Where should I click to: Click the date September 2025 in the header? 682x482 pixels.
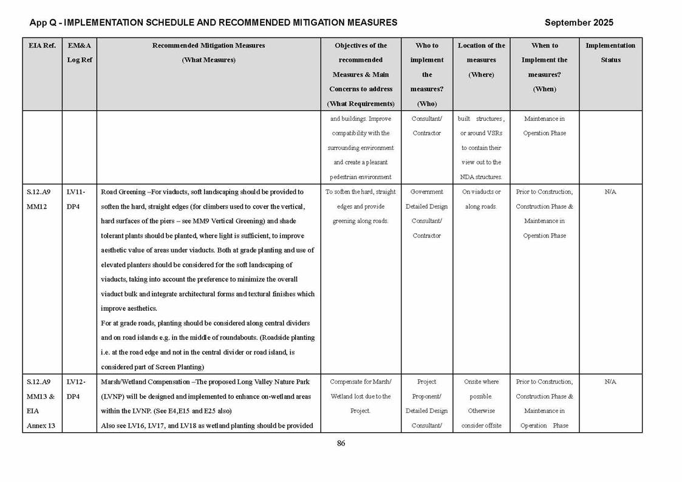click(x=578, y=22)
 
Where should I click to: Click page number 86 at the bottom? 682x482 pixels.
click(x=341, y=443)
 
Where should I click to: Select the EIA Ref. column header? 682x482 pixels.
click(x=42, y=46)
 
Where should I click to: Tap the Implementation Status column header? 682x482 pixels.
click(x=610, y=52)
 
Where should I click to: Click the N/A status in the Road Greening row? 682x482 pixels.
click(x=610, y=192)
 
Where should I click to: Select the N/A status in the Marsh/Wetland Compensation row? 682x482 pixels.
click(x=610, y=382)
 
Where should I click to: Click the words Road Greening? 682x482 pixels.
click(x=123, y=192)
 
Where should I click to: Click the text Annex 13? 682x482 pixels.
click(x=41, y=426)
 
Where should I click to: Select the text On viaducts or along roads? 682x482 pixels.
click(x=481, y=199)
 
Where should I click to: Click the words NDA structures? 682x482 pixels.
click(x=481, y=177)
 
